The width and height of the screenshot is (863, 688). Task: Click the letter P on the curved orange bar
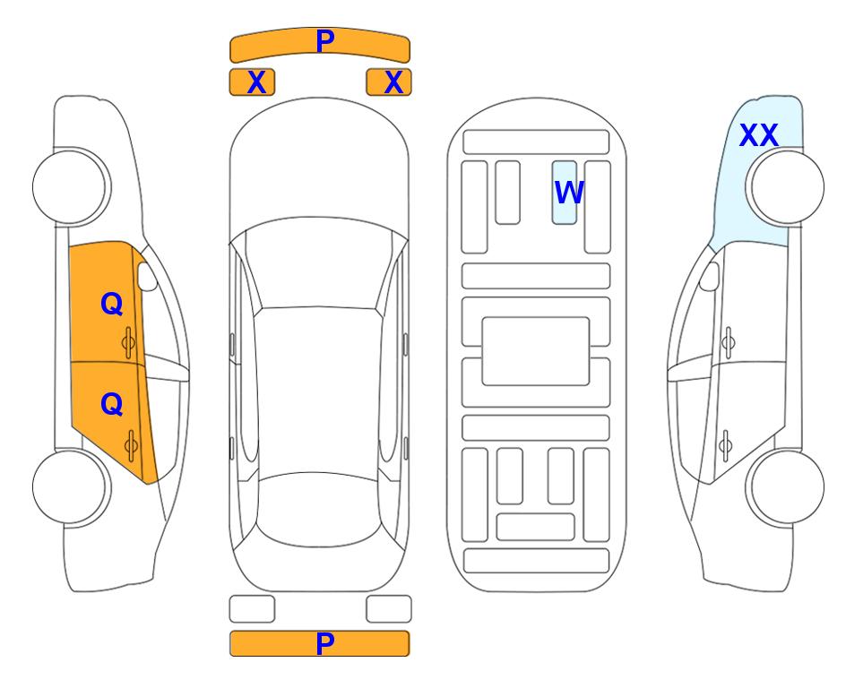pyautogui.click(x=325, y=41)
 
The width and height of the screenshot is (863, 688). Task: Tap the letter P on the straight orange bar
pyautogui.click(x=325, y=643)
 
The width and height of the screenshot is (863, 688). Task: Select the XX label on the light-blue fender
pyautogui.click(x=759, y=135)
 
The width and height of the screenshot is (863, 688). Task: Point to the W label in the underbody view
pyautogui.click(x=568, y=193)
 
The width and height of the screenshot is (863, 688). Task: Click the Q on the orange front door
pyautogui.click(x=112, y=304)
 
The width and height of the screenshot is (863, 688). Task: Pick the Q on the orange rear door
pyautogui.click(x=112, y=405)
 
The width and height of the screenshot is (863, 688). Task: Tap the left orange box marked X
pyautogui.click(x=252, y=82)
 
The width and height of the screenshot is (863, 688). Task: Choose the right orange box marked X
pyautogui.click(x=389, y=82)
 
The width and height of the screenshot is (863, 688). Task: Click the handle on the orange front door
pyautogui.click(x=128, y=343)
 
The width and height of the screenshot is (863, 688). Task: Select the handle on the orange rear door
pyautogui.click(x=131, y=445)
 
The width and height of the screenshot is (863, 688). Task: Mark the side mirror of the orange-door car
pyautogui.click(x=147, y=276)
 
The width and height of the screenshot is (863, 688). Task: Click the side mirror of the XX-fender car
pyautogui.click(x=709, y=276)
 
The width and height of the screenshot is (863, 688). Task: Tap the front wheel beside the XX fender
pyautogui.click(x=785, y=187)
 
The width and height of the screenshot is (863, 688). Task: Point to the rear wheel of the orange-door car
pyautogui.click(x=72, y=486)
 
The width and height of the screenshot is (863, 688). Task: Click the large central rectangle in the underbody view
pyautogui.click(x=536, y=351)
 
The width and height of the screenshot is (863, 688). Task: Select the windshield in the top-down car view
pyautogui.click(x=317, y=263)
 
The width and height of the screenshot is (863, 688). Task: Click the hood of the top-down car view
pyautogui.click(x=319, y=165)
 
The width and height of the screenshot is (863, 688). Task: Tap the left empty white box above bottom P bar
pyautogui.click(x=252, y=609)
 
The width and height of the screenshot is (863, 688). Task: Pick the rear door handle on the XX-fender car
pyautogui.click(x=726, y=445)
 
